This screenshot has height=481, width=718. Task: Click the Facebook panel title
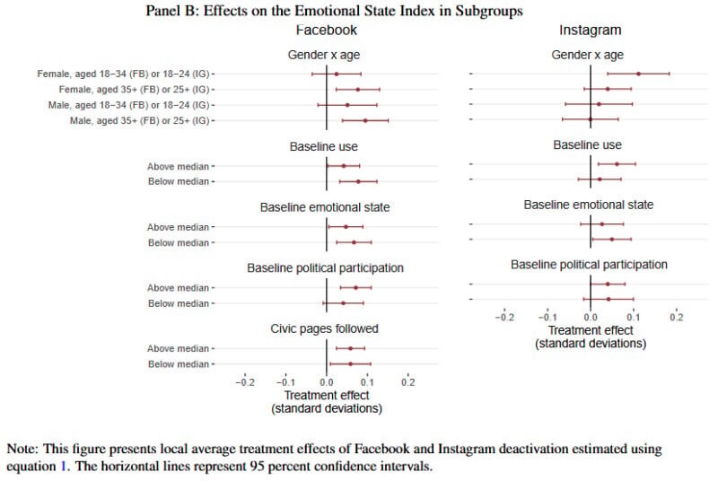pos(325,31)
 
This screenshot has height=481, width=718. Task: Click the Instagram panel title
pos(590,31)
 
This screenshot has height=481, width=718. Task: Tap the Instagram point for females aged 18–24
pos(638,74)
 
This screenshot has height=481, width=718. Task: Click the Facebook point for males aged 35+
pos(365,119)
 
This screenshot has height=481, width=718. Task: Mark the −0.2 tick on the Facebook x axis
pos(245,382)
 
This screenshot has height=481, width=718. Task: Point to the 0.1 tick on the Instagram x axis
pos(634,317)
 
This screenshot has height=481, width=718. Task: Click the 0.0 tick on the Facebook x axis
pos(327,382)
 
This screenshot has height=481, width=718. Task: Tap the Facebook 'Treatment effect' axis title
pos(326,396)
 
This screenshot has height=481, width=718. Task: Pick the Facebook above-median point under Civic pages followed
pos(350,348)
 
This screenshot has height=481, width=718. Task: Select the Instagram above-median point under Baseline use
pos(617,164)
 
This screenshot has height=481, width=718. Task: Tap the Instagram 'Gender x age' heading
pos(589,56)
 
